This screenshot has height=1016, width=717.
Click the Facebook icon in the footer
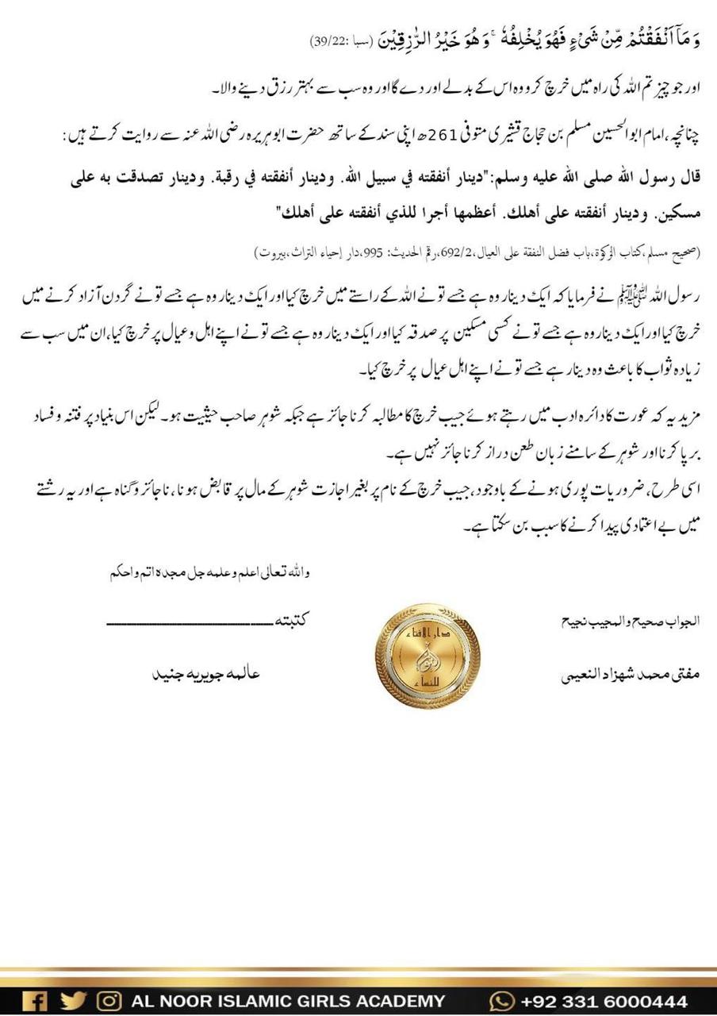pyautogui.click(x=34, y=1001)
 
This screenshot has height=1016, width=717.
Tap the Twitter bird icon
pyautogui.click(x=73, y=1001)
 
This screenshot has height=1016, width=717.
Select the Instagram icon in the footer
pyautogui.click(x=109, y=1001)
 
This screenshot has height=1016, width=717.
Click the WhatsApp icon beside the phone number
pyautogui.click(x=502, y=1001)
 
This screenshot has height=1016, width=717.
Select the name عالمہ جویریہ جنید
pyautogui.click(x=205, y=675)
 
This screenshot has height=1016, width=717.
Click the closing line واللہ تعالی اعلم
pyautogui.click(x=209, y=572)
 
